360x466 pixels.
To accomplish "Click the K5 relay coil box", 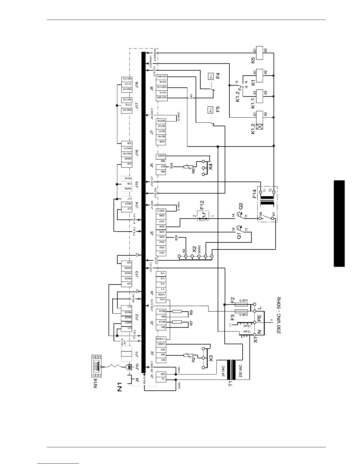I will pos(259,53).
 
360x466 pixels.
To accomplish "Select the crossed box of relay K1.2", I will pos(259,127).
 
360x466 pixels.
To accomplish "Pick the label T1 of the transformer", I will pos(231,383).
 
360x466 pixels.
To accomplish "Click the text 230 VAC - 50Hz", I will pos(279,314).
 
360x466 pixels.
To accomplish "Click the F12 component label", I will pos(202,205).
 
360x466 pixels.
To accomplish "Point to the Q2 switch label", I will pos(241,206).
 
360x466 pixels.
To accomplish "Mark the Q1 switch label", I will pos(239,236).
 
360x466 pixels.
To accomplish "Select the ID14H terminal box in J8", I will pos(161,76).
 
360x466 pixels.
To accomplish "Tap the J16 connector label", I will pos(136,153).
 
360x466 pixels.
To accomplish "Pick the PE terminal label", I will pos(259,318).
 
